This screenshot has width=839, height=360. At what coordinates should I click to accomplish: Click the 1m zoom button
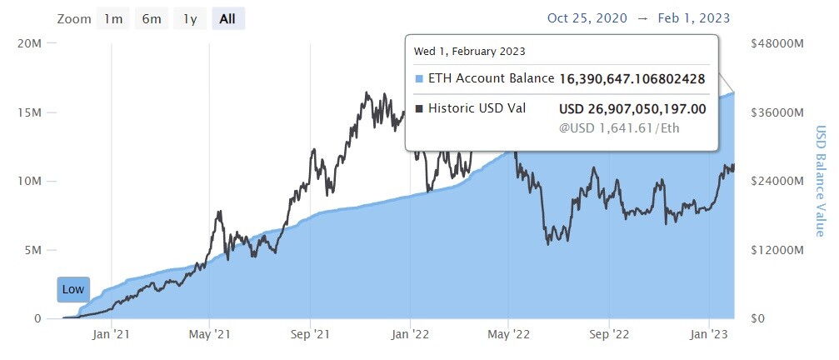coord(113,19)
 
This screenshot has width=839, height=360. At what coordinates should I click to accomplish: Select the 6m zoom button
coord(152,19)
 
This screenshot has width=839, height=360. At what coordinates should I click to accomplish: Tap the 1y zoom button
coord(190,19)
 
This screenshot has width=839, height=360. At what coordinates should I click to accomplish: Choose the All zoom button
coord(228,19)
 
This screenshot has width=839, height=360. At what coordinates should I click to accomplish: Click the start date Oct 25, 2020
coord(587,18)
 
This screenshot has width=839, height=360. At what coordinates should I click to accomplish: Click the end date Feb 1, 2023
coord(694,18)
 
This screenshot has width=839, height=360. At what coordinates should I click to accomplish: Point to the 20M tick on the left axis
coord(29,43)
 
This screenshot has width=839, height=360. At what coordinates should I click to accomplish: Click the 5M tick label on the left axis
coord(32,250)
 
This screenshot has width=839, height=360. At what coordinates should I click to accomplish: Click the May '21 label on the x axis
coord(209,335)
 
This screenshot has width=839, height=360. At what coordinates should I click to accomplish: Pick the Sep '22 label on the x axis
coord(609,335)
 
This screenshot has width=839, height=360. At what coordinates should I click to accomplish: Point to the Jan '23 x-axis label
coord(709,335)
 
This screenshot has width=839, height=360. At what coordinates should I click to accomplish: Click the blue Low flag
coord(73,289)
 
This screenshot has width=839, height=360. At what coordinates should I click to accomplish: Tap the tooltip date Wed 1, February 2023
coord(469,52)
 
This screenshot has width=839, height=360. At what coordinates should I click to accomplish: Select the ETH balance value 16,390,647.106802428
coord(632,79)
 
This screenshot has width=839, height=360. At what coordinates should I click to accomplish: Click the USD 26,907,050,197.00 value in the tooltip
coord(632,109)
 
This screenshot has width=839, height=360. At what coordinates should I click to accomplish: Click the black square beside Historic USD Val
coord(419,108)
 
